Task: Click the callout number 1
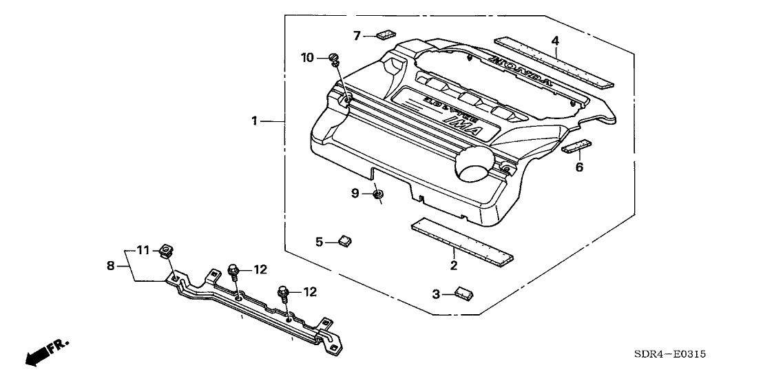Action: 254,121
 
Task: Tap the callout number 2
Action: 454,265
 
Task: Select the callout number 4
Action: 555,40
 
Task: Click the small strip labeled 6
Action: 576,147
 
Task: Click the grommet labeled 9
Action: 377,196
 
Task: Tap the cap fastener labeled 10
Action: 334,58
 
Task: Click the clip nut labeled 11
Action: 166,251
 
